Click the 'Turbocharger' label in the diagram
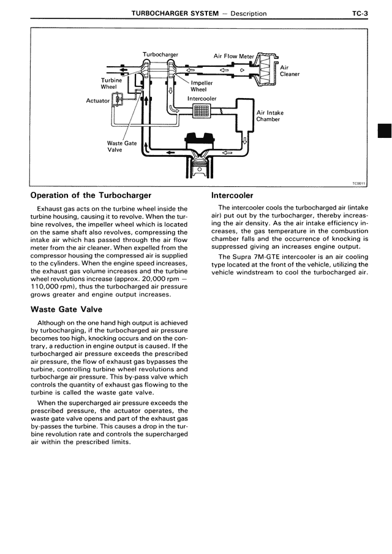pos(160,55)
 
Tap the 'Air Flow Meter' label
pos(233,56)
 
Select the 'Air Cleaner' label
pos(289,70)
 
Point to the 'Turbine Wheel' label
pos(111,83)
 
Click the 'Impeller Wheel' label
pos(202,86)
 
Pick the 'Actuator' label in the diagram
pos(97,101)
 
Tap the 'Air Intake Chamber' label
pos(270,116)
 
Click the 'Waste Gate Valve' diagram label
pos(121,146)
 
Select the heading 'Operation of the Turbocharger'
pos(91,195)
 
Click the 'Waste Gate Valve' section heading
pos(66,309)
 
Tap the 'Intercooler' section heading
pos(232,195)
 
